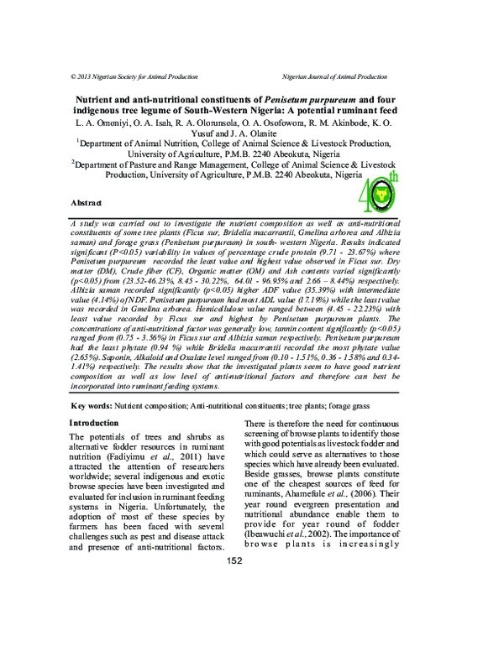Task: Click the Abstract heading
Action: [x=87, y=204]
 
